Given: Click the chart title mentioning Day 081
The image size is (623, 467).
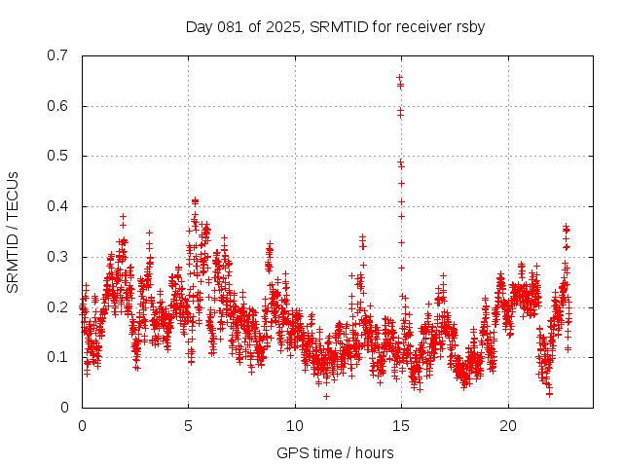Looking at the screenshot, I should (x=335, y=26).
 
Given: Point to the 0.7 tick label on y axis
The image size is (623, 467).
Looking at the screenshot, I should (x=60, y=55).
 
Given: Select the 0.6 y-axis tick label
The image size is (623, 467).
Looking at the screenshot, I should (x=60, y=106).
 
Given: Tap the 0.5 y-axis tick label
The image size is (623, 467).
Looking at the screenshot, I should (x=60, y=156).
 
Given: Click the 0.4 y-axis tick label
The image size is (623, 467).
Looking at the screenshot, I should (x=60, y=206).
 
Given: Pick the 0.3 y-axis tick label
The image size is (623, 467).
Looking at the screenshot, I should (x=60, y=257).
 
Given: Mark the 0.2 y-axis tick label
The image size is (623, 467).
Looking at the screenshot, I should (x=60, y=306).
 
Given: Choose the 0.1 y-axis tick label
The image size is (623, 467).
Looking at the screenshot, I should (x=60, y=357).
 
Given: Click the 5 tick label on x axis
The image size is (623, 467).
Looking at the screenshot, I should (x=188, y=426).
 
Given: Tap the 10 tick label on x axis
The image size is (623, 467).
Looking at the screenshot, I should (x=295, y=426).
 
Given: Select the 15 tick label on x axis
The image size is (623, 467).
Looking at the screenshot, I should (x=401, y=426).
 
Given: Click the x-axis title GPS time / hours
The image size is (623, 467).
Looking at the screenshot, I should (x=335, y=452).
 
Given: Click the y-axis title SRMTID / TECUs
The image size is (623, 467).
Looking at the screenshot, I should (x=13, y=232).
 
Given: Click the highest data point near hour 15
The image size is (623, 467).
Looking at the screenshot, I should (x=399, y=77).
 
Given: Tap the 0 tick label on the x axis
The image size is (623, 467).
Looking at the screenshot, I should (x=82, y=426).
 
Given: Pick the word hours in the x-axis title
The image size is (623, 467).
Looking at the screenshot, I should (x=374, y=452).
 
